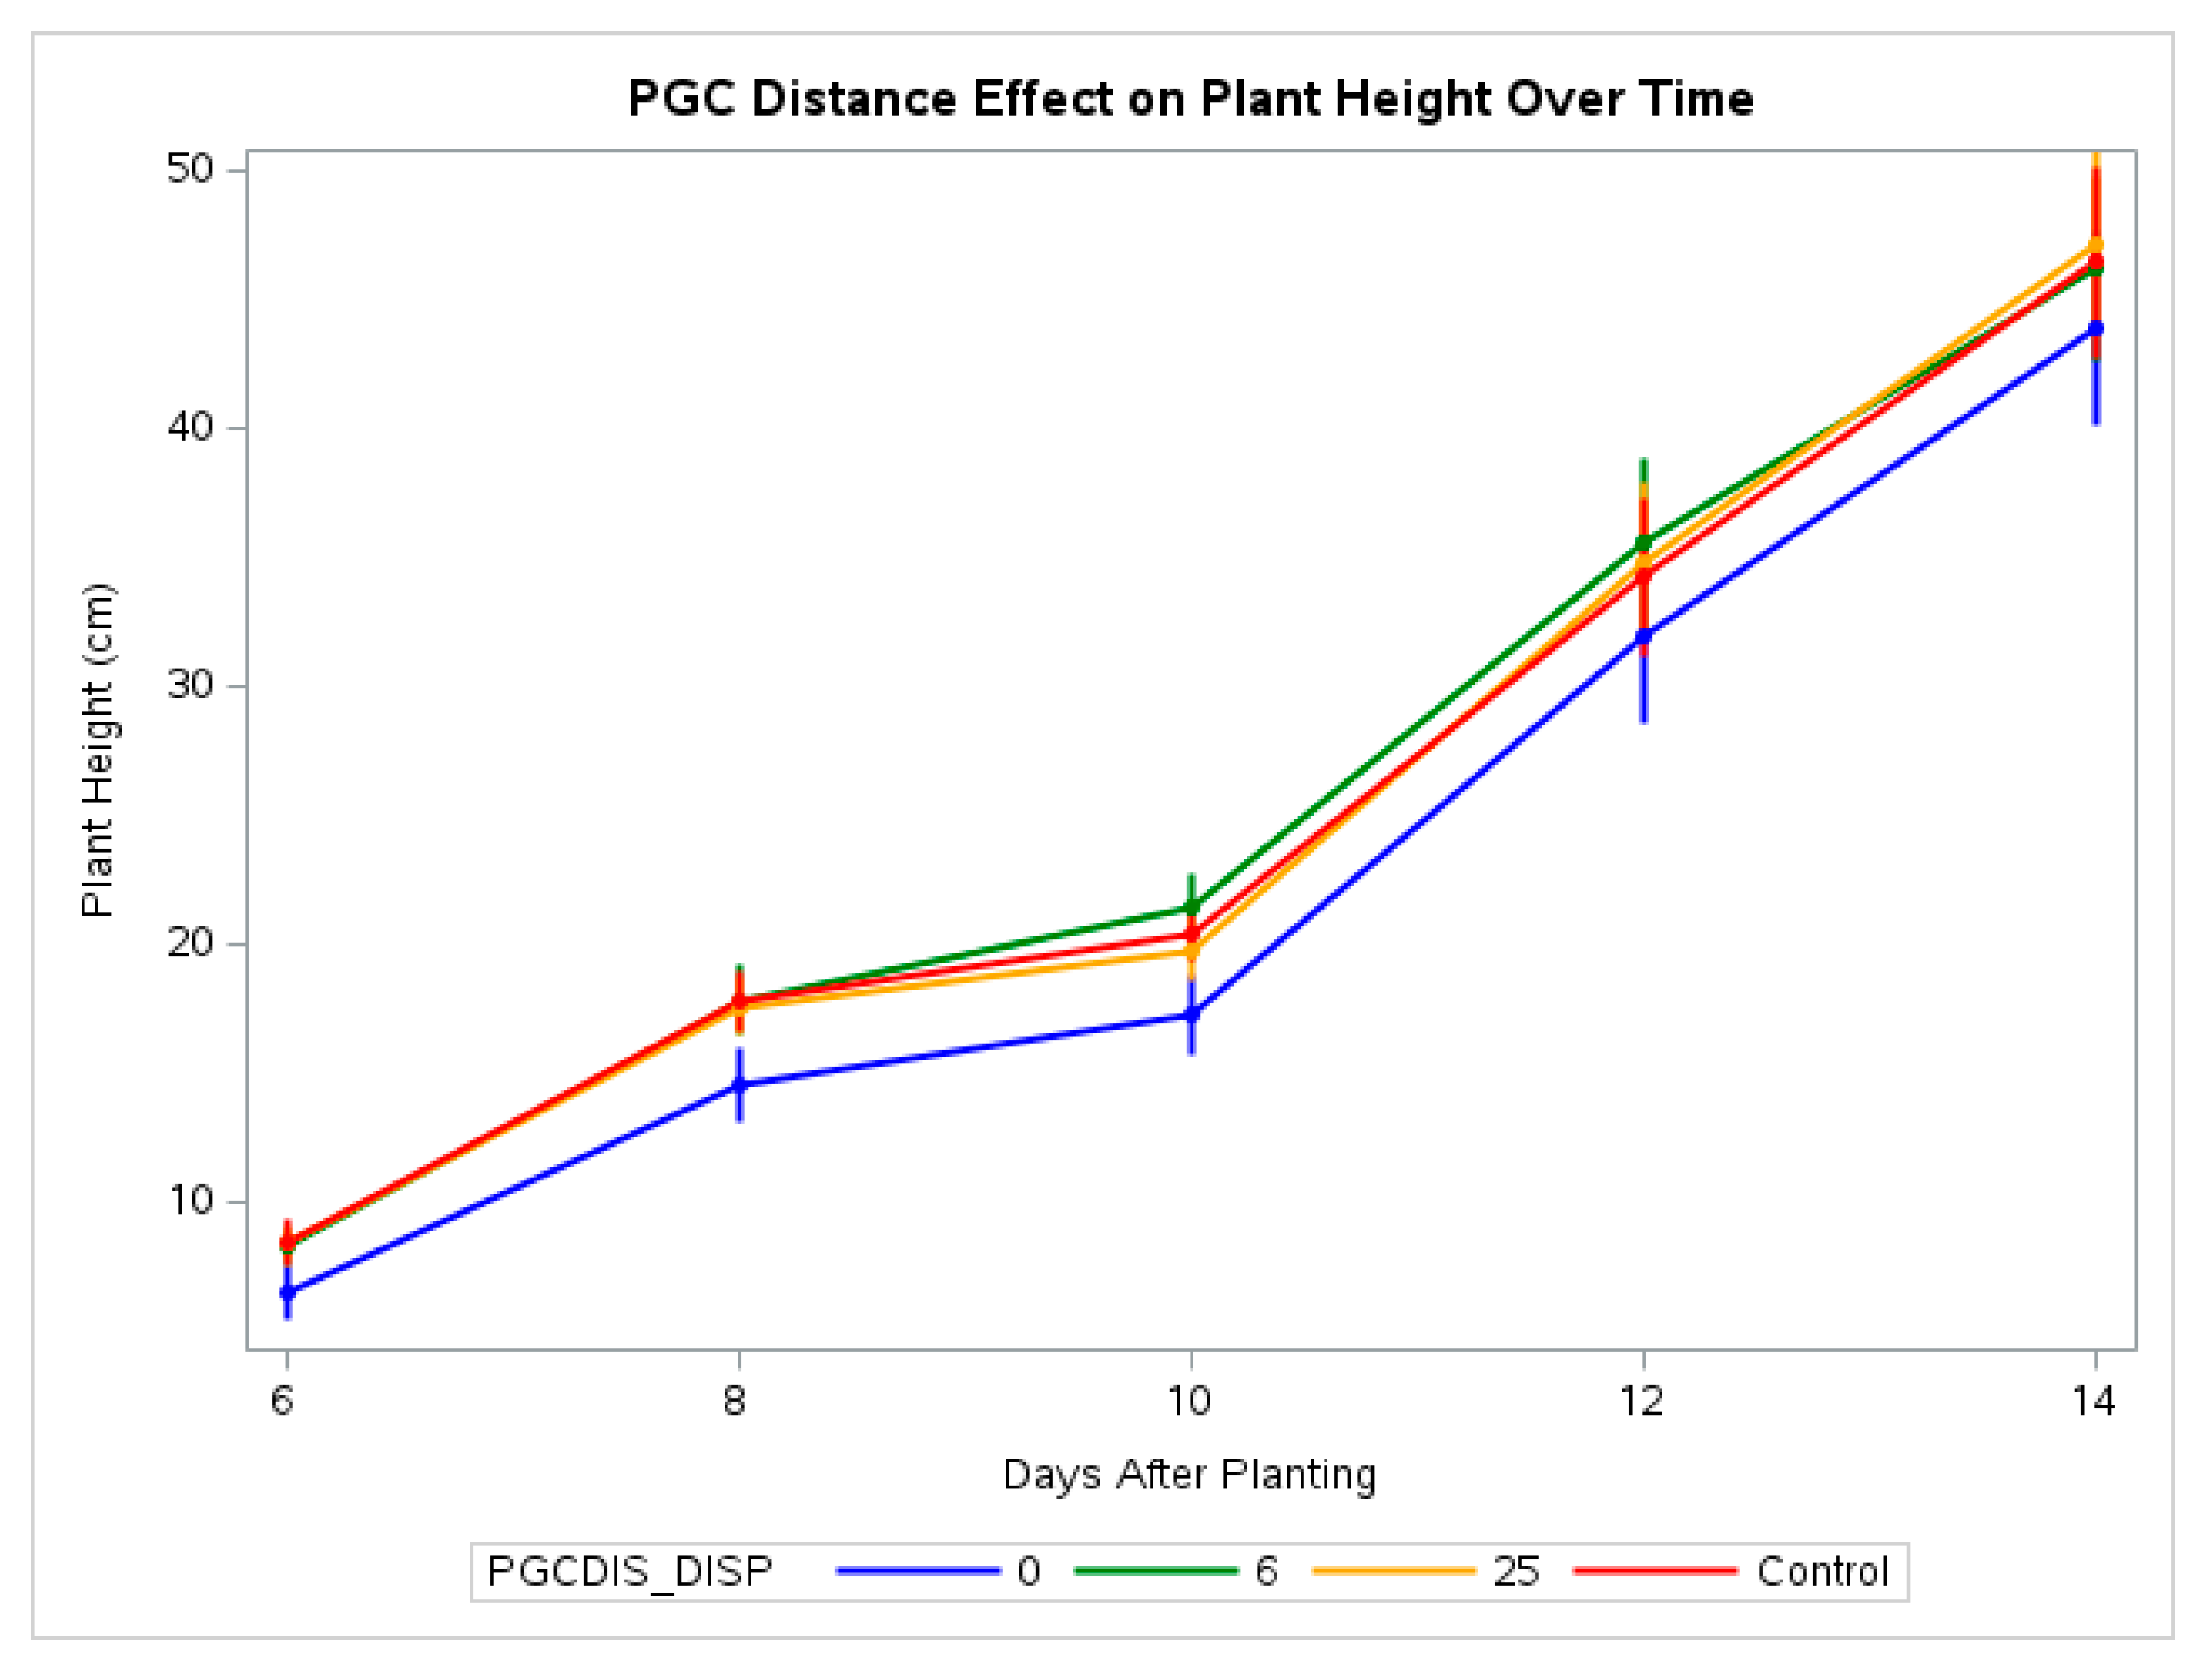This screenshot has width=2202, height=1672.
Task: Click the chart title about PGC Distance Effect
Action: click(1190, 98)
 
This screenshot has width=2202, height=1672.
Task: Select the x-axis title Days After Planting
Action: click(1190, 1475)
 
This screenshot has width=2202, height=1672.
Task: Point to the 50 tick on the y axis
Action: click(190, 169)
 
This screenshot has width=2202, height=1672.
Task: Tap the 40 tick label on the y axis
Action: click(190, 427)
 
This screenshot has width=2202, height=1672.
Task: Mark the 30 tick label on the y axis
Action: click(190, 685)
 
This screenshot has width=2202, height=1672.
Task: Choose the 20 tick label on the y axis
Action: click(190, 942)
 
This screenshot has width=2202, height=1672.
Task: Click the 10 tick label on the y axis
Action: click(190, 1200)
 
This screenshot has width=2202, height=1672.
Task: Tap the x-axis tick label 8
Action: click(735, 1401)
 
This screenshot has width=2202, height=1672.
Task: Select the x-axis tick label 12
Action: click(1641, 1401)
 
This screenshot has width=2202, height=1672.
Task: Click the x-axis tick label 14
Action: click(2093, 1401)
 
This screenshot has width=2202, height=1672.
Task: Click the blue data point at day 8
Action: click(738, 1084)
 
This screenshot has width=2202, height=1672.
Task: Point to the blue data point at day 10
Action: click(1191, 1014)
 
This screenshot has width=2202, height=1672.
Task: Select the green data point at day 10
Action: click(1191, 907)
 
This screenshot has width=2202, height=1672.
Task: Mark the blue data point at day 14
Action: click(2096, 328)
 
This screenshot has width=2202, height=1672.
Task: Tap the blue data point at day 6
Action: click(288, 1293)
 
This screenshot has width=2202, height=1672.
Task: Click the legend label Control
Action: click(1822, 1572)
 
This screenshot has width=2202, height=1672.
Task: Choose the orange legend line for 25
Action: click(1393, 1572)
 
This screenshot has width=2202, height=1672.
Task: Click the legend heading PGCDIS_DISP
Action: click(630, 1572)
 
